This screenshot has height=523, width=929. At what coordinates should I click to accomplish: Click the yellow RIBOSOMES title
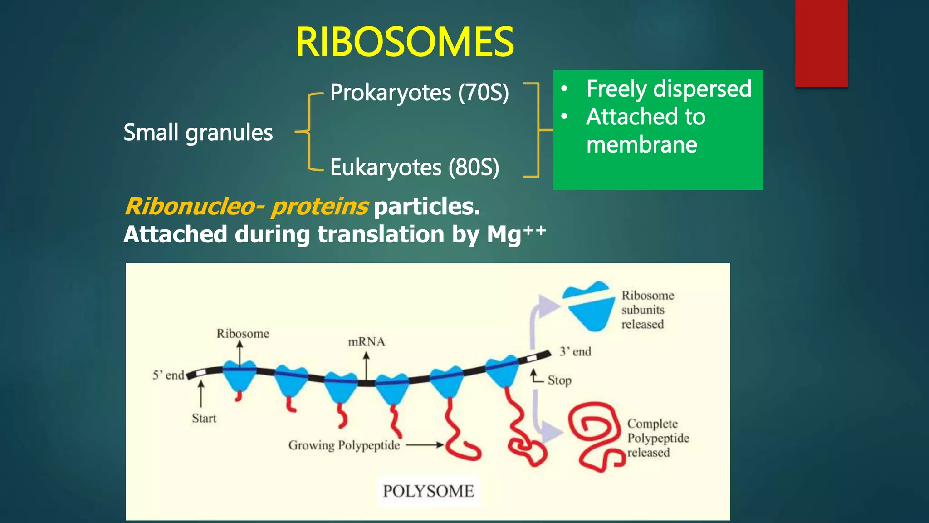404,42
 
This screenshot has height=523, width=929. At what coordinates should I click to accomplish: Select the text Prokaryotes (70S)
419,93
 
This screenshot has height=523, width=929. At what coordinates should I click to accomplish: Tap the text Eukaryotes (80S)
414,167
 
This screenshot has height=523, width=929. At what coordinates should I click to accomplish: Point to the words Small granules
198,133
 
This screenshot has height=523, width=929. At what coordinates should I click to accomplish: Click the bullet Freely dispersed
668,89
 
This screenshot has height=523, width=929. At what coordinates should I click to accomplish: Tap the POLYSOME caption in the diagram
428,491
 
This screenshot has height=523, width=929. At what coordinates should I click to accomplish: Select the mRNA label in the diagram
366,342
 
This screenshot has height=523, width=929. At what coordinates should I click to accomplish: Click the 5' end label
168,375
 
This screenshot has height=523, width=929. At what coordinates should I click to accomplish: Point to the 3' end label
575,351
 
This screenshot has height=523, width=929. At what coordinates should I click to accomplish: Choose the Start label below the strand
204,418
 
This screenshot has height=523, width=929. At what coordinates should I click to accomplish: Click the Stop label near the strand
559,380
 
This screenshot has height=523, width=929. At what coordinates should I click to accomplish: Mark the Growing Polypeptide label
344,445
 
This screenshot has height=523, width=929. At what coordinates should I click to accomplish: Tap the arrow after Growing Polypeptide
425,445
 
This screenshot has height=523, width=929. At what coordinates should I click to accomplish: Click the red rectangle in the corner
821,43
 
